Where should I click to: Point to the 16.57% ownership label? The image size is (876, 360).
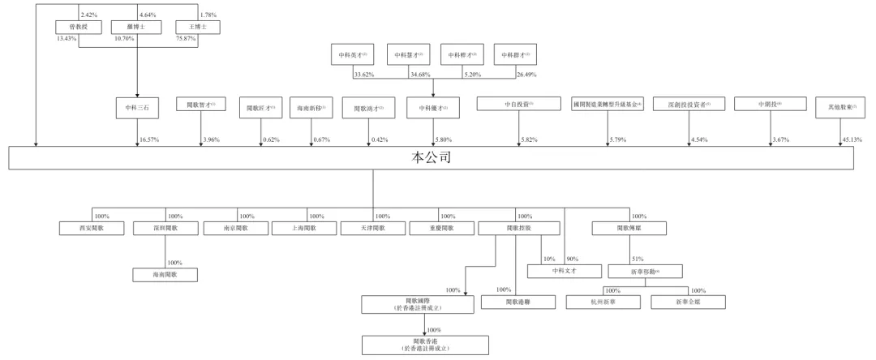click(x=149, y=139)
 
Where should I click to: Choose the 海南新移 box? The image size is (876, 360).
click(x=311, y=106)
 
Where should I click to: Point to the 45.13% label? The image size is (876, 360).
click(x=850, y=139)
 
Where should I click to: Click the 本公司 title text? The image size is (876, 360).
click(x=431, y=157)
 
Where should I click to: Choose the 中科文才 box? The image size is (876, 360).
click(x=563, y=271)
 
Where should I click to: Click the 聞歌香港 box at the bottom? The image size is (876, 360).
click(x=426, y=345)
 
